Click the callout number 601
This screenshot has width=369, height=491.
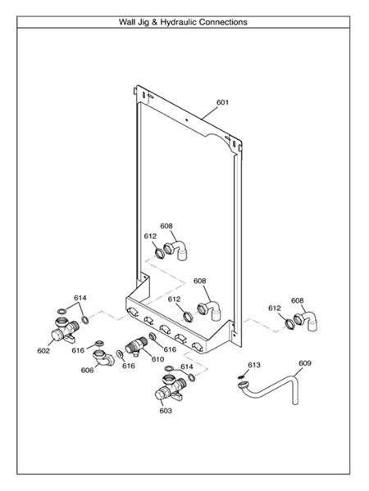[x=222, y=102]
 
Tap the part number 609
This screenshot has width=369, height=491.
[x=305, y=363]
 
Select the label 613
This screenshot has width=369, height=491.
[x=254, y=365]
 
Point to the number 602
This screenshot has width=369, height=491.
[x=43, y=351]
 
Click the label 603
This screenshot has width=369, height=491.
[x=166, y=411]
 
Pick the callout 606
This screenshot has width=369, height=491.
[x=87, y=370]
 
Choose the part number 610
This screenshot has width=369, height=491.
[x=157, y=359]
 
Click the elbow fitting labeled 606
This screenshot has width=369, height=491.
[x=103, y=358]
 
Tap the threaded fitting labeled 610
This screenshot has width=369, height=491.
[x=136, y=346]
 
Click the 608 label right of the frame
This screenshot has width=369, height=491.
[x=297, y=300]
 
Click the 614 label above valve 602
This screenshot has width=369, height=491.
[x=80, y=298]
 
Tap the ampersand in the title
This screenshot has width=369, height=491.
[x=155, y=22]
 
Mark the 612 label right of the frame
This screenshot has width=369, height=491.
[x=274, y=309]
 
